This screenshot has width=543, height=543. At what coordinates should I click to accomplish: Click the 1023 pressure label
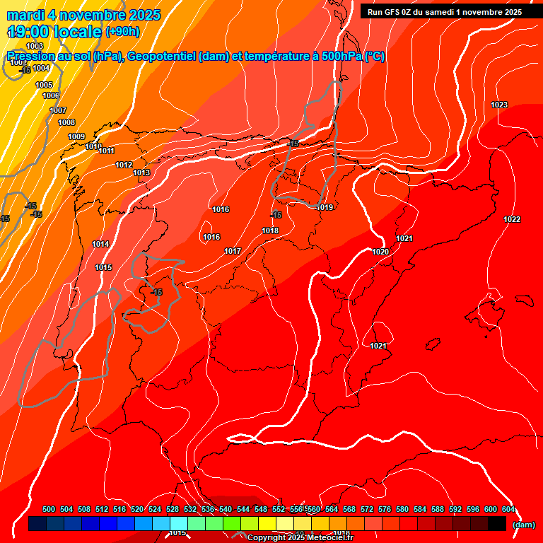tap(499, 105)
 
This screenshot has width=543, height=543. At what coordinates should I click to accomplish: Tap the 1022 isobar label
tap(512, 219)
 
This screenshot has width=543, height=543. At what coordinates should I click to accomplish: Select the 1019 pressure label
tap(325, 207)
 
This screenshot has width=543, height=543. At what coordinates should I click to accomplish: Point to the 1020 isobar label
tap(380, 252)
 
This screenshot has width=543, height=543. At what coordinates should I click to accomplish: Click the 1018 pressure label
tap(270, 230)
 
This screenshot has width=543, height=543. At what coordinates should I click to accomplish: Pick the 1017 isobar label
tap(233, 251)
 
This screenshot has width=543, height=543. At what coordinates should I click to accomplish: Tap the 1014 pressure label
tap(100, 244)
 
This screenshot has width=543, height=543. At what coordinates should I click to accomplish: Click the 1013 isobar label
tap(141, 173)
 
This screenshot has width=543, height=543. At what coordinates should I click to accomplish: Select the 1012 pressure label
tap(124, 165)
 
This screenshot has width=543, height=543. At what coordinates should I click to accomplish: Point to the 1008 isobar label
tap(66, 122)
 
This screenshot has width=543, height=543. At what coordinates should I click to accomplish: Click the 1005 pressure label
tap(44, 85)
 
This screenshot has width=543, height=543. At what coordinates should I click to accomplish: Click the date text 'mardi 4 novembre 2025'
tap(83, 15)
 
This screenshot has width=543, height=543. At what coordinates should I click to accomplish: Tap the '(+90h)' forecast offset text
tap(122, 32)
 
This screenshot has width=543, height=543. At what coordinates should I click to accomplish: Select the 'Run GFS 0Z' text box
tap(445, 12)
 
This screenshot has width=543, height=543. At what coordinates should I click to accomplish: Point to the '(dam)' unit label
tap(523, 525)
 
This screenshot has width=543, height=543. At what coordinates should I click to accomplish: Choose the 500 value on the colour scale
tap(49, 509)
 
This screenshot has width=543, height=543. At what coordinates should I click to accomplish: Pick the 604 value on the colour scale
tap(508, 509)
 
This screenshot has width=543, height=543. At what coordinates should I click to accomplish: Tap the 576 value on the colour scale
tap(385, 509)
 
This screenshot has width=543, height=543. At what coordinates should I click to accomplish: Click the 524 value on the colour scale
tap(155, 509)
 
